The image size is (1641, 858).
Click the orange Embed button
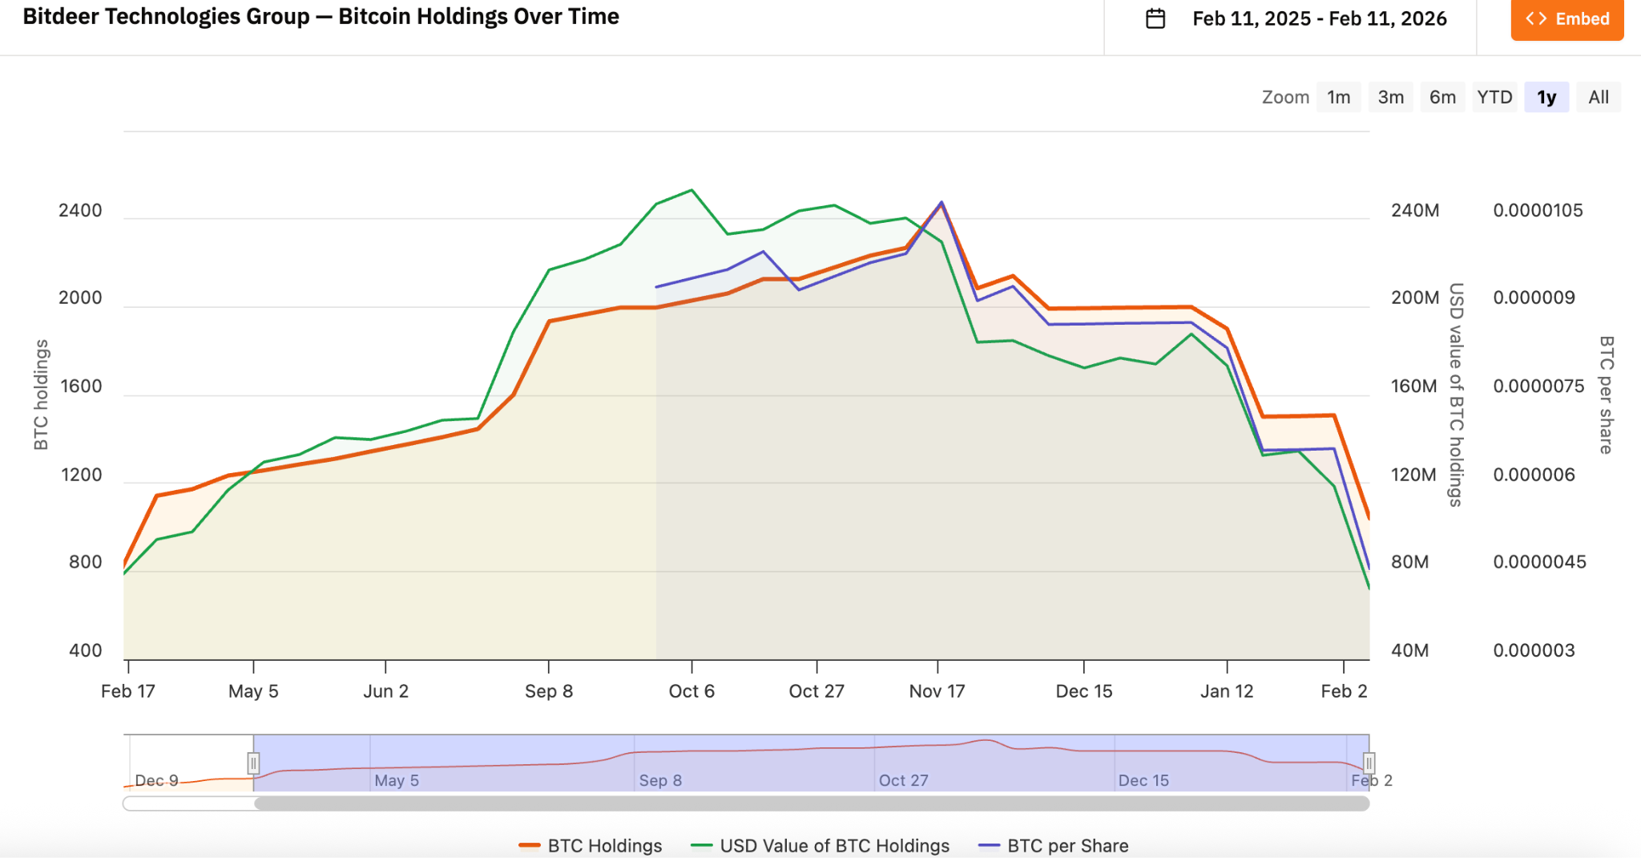tap(1566, 19)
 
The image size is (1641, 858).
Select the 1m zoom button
tap(1338, 97)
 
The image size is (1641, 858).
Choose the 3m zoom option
tap(1390, 97)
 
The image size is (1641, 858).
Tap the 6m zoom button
tap(1442, 97)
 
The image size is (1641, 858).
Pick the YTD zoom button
tap(1494, 97)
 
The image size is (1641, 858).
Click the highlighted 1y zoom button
tap(1546, 97)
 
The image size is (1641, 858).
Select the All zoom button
tap(1599, 97)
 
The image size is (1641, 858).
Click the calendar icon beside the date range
tap(1155, 18)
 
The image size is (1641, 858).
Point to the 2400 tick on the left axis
tap(80, 211)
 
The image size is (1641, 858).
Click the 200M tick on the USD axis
tap(1415, 298)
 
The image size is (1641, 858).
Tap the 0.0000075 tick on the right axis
tap(1538, 387)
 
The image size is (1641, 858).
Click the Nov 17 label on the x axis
tap(937, 691)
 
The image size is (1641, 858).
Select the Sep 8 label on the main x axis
tap(549, 691)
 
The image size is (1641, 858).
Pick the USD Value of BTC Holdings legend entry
tap(821, 845)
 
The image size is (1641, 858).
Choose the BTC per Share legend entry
tap(1054, 845)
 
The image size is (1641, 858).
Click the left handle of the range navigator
tap(253, 763)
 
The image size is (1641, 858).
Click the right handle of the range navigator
tap(1369, 763)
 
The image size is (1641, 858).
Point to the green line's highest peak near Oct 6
tap(691, 190)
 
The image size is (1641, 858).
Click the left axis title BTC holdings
tap(41, 395)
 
